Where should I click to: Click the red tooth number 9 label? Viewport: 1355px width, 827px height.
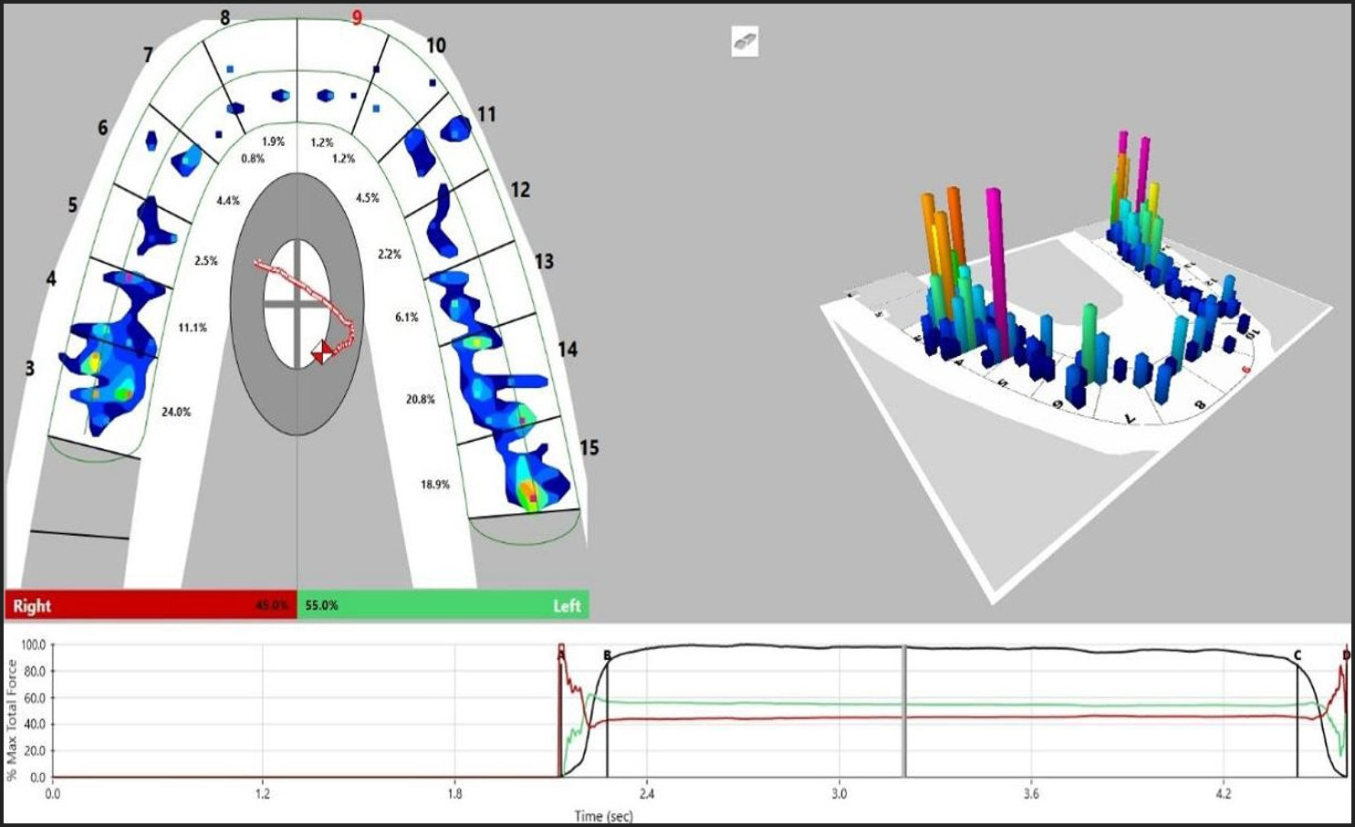tap(357, 17)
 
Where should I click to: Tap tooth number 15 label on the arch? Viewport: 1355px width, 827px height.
tap(589, 447)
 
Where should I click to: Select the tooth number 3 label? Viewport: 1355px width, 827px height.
tap(30, 368)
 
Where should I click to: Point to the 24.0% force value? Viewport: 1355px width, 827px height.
tap(176, 413)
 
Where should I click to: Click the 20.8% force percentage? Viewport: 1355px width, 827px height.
tap(420, 400)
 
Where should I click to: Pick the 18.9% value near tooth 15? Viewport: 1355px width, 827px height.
tap(434, 485)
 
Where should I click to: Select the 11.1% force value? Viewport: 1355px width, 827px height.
tap(193, 328)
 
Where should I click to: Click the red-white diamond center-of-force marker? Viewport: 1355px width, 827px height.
tap(322, 351)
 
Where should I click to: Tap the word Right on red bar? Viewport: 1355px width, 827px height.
tap(32, 606)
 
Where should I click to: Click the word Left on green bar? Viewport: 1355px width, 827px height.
tap(566, 606)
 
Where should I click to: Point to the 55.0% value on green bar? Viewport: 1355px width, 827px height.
tap(321, 605)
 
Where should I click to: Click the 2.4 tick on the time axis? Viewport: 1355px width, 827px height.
tap(647, 793)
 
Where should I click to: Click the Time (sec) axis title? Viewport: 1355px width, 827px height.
tap(603, 815)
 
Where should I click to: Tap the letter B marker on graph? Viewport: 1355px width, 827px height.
tap(608, 654)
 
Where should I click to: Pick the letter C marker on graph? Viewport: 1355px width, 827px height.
tap(1298, 655)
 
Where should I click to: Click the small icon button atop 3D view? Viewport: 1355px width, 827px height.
tap(745, 42)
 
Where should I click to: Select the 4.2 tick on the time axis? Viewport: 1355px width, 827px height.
tap(1224, 793)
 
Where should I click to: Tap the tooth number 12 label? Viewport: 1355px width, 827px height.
tap(520, 190)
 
